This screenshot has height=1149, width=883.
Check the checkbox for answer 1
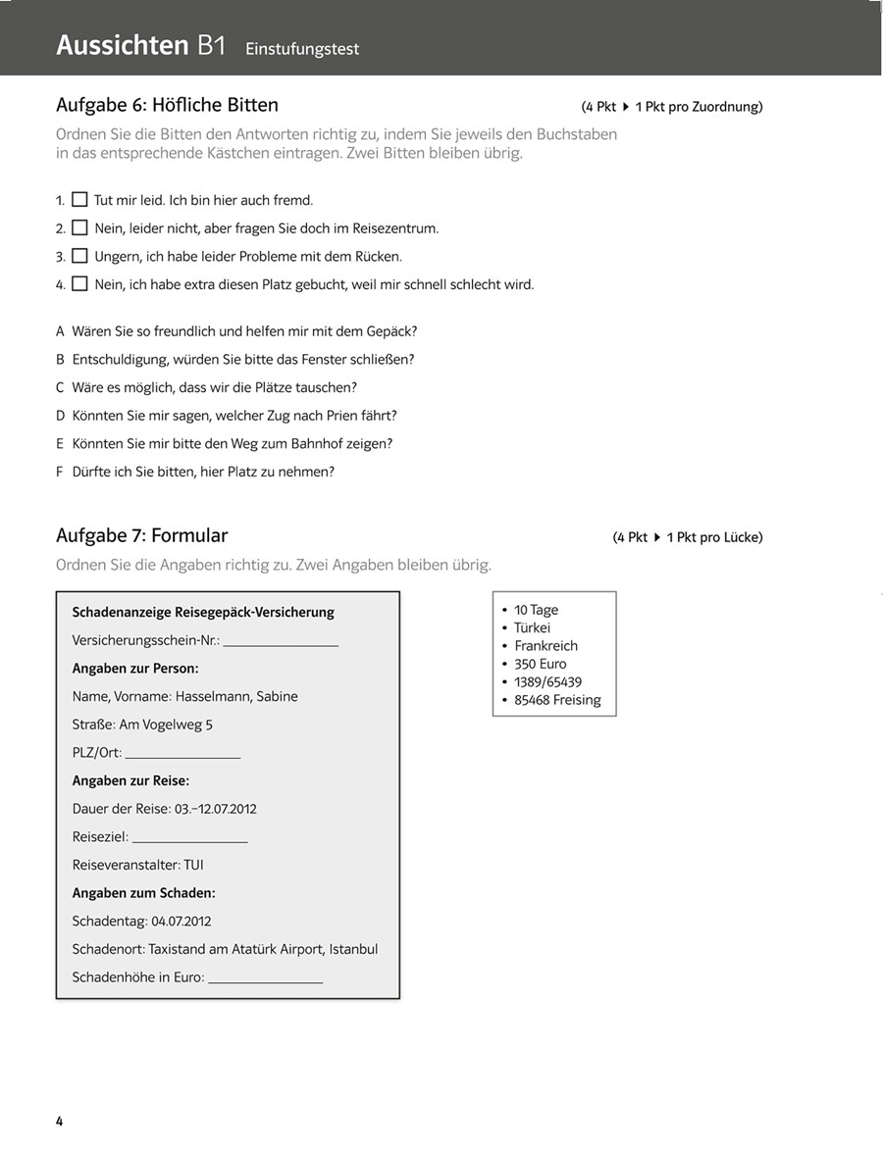point(80,200)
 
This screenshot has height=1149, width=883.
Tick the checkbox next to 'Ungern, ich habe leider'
point(80,257)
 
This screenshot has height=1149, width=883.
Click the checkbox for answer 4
point(80,285)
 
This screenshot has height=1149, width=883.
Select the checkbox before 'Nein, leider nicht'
point(80,228)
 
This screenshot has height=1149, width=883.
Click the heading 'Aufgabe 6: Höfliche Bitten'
point(167,105)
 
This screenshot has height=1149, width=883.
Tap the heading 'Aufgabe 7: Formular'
point(141,535)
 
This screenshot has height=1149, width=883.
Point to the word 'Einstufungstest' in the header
point(302,48)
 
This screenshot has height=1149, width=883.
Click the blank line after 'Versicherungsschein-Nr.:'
point(281,642)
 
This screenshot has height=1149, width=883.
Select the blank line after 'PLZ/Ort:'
point(182,754)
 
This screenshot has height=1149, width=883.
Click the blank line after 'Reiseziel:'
point(189,838)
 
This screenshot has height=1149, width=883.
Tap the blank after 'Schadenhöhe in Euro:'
point(265,978)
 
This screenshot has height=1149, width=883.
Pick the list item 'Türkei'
point(532,627)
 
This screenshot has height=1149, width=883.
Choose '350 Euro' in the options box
point(540,664)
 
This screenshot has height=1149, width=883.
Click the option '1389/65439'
point(547,682)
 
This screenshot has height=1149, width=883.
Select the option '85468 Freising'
point(557,700)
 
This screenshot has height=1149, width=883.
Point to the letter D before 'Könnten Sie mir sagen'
point(61,416)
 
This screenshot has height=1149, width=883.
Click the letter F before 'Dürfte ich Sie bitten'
point(61,472)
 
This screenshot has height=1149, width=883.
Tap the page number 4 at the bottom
point(60,1121)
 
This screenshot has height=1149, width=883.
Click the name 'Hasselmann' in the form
point(210,697)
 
